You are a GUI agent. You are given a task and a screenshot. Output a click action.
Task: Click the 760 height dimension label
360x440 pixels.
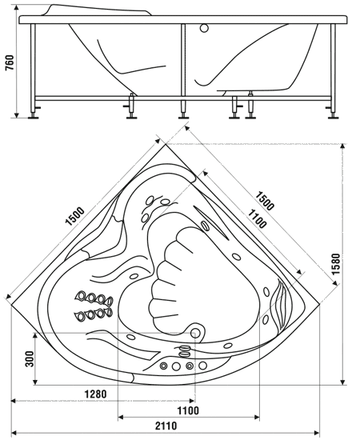click(x=10, y=63)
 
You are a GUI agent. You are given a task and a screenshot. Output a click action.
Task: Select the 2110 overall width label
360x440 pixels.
click(x=166, y=426)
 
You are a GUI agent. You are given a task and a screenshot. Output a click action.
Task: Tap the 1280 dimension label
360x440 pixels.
click(x=96, y=394)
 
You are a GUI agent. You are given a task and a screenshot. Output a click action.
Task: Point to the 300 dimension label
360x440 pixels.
click(x=30, y=358)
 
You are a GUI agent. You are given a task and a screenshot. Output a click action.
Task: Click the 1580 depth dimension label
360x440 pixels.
click(x=336, y=264)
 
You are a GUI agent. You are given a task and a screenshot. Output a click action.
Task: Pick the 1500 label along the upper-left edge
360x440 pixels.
click(x=75, y=216)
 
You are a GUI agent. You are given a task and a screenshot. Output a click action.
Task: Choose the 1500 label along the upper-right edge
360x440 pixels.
click(x=264, y=201)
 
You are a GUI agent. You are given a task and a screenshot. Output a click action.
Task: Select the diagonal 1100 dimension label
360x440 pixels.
click(x=256, y=219)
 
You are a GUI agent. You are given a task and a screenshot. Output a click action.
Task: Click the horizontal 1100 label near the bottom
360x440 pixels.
click(x=188, y=411)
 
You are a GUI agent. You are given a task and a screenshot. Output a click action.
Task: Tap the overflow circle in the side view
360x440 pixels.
click(x=204, y=28)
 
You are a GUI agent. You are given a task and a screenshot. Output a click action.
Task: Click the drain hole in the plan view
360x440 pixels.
click(x=195, y=333)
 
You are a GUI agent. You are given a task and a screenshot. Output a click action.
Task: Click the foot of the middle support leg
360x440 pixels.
click(x=183, y=117)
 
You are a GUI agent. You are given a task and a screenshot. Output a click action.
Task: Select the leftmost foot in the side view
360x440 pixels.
click(x=33, y=117)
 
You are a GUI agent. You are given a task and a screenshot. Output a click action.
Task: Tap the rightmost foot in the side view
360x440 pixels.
click(x=333, y=117)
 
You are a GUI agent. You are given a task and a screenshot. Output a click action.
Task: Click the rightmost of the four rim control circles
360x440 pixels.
click(x=203, y=366)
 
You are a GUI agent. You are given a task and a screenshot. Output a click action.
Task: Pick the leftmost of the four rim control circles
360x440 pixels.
click(x=163, y=366)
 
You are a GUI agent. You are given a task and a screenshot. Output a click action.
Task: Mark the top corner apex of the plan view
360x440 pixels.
click(x=166, y=144)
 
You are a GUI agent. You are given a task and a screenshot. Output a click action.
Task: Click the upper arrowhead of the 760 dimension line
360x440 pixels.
click(x=17, y=8)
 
